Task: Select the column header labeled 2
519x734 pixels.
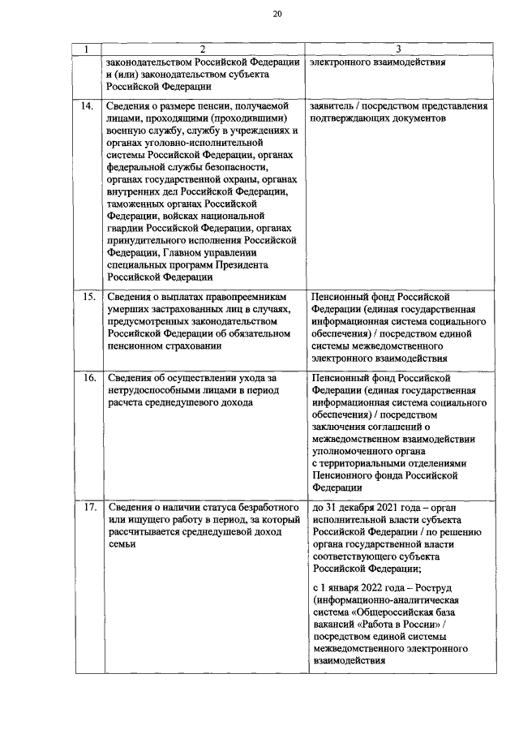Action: coord(203,50)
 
